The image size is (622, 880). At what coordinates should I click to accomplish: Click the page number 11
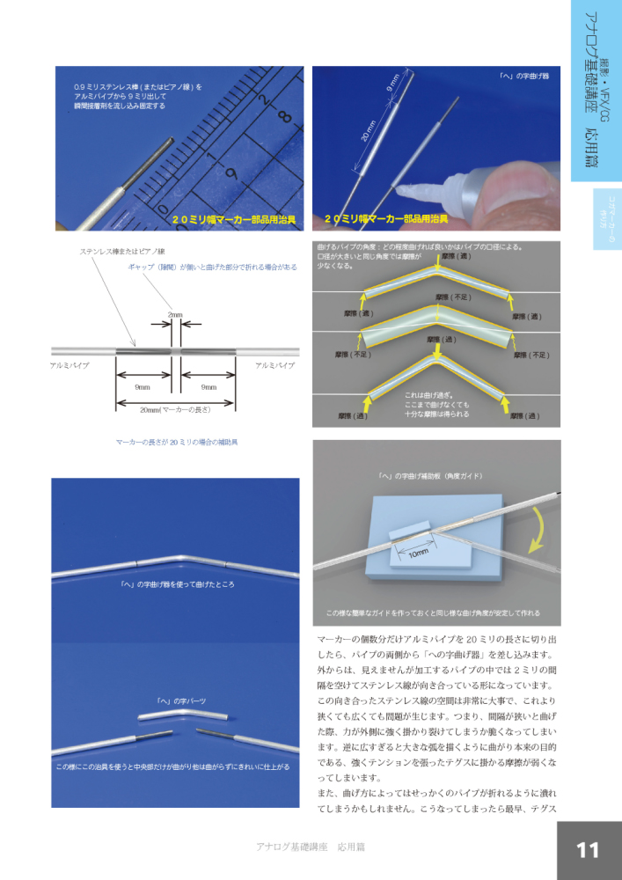pos(588,849)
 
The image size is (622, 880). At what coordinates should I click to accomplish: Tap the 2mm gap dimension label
pos(175,313)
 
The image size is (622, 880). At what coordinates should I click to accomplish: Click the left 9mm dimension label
pos(142,386)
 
